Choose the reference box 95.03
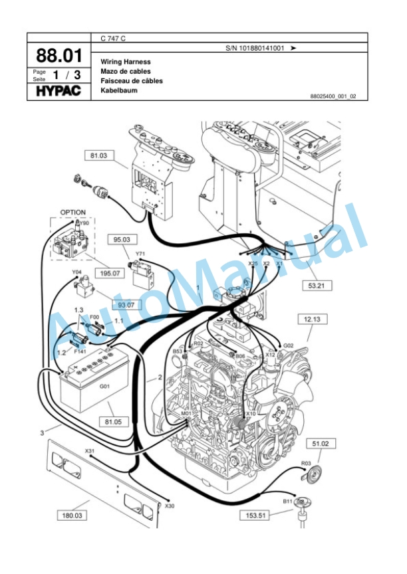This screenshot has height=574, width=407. pos(122,239)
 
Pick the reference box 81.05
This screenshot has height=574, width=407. pos(112,421)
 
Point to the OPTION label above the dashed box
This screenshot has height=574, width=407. pos(73,213)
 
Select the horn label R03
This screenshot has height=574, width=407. pos(306,462)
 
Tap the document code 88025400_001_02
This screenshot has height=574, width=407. pos(333,96)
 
